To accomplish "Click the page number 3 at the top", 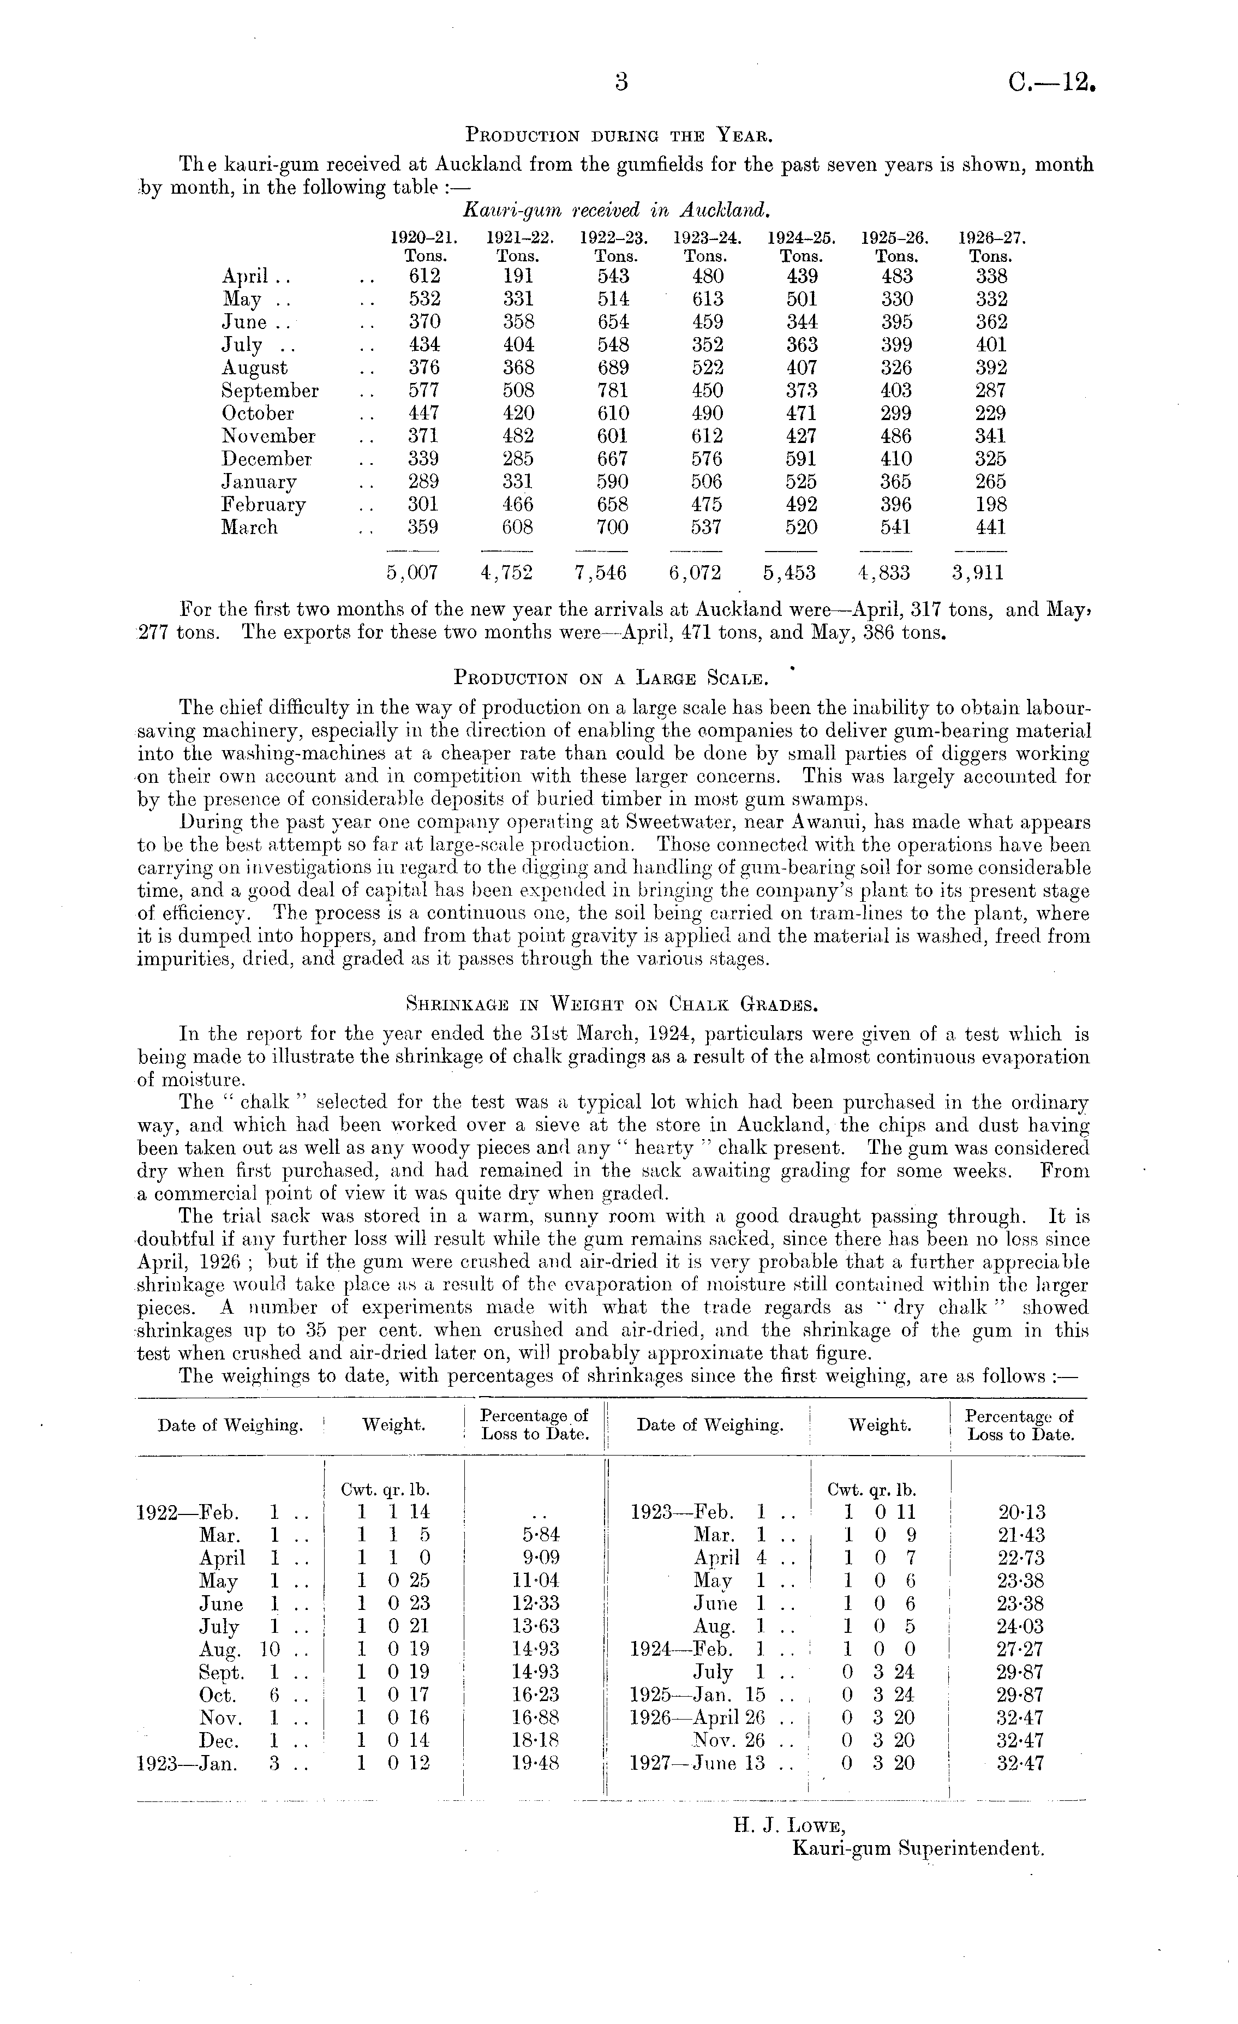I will tap(620, 82).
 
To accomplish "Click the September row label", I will tap(270, 391).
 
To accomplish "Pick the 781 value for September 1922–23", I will tap(613, 391).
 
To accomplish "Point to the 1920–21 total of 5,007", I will tap(412, 572).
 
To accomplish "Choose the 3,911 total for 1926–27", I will tap(978, 572).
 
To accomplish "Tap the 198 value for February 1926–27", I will tap(991, 504).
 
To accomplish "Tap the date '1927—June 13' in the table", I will tap(697, 1763).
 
